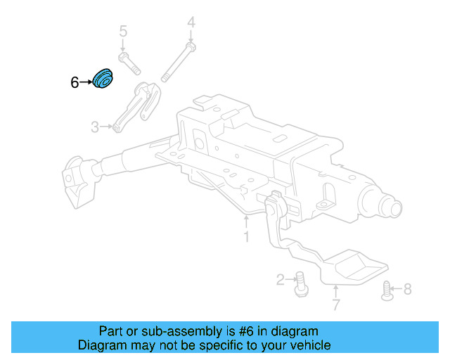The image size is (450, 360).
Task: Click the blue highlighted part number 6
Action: pos(104,79)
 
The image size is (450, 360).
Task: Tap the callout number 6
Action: pos(75,83)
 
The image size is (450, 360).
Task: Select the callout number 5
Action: pos(123,32)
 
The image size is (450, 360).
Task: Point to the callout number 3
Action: pos(95,127)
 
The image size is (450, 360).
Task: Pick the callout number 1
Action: pos(246,238)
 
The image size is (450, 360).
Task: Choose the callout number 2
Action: pos(281,281)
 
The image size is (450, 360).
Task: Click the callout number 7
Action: pos(335,304)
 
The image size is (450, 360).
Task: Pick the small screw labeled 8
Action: pos(386,290)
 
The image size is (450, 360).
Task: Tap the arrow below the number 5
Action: pos(123,46)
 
